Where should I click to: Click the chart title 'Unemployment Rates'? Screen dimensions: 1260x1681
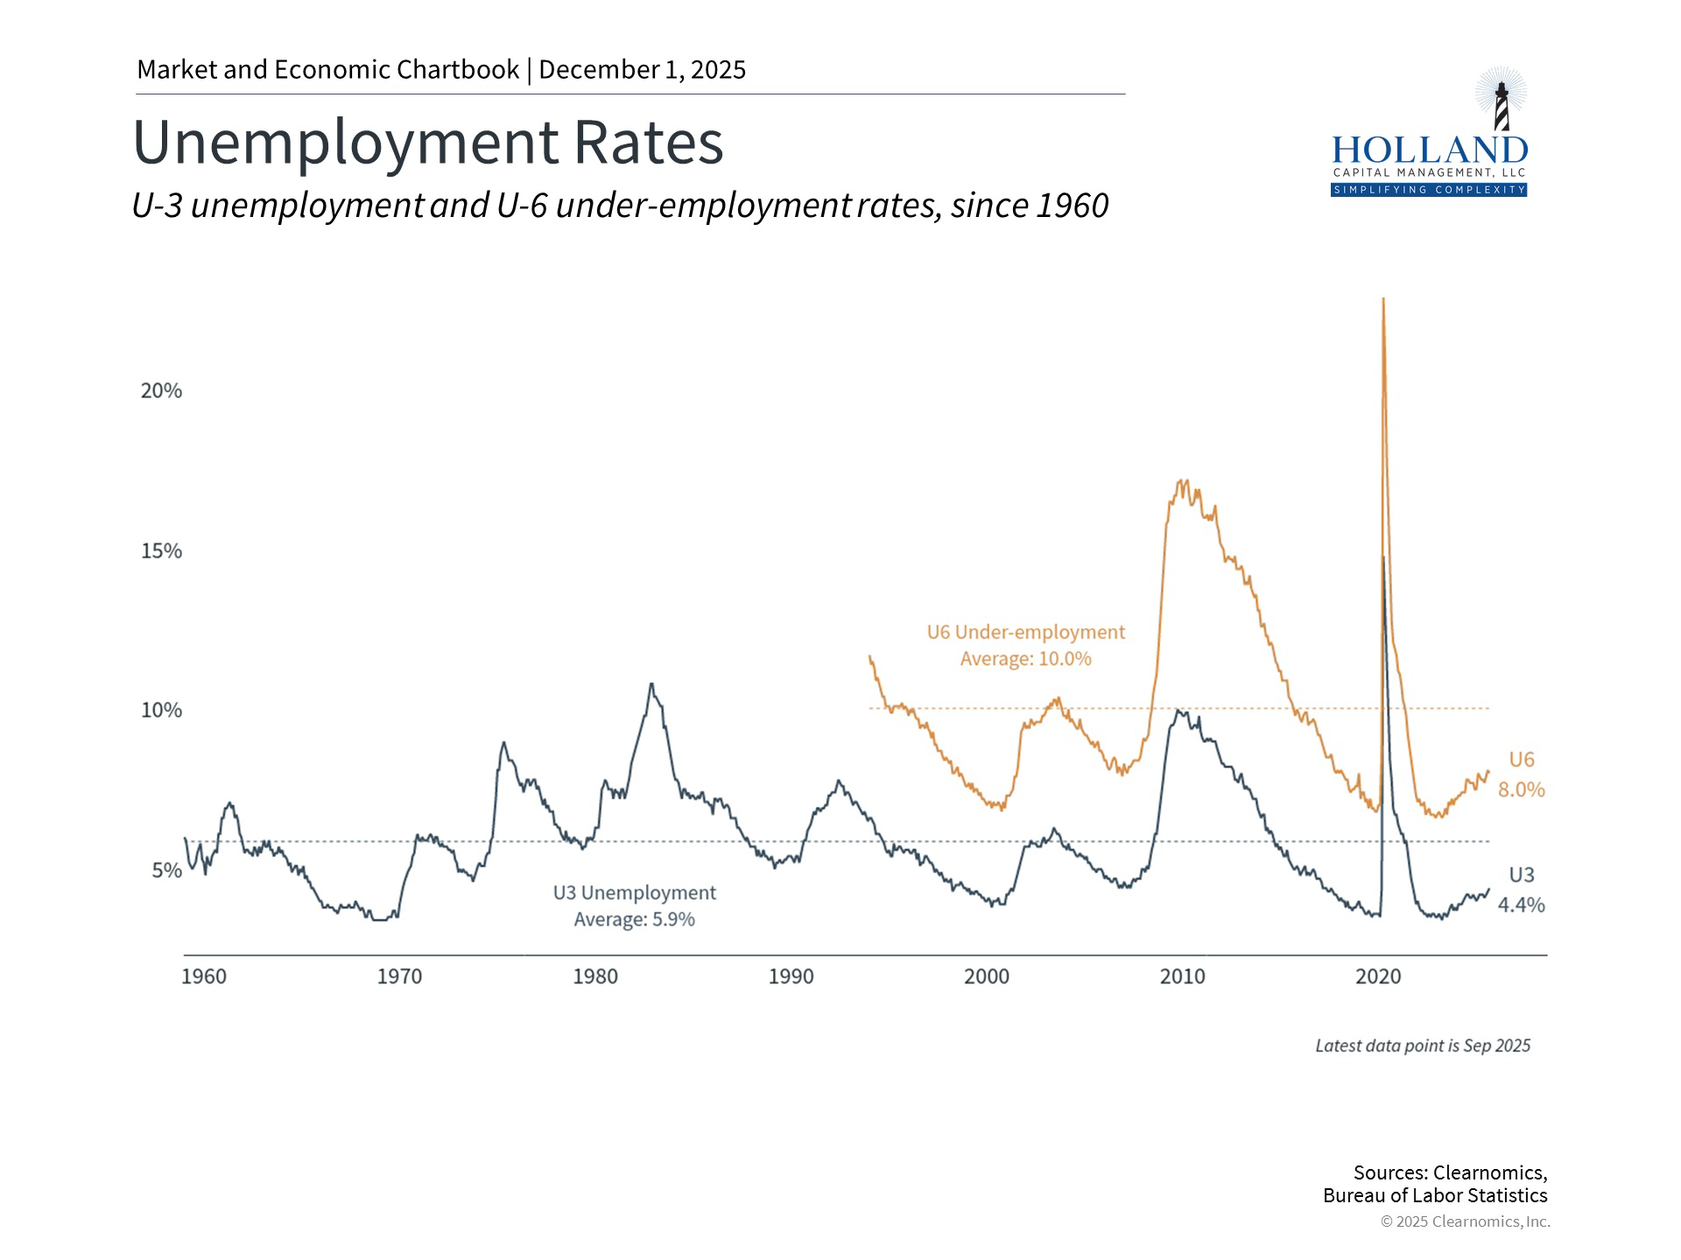427,143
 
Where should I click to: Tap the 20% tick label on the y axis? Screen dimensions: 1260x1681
161,391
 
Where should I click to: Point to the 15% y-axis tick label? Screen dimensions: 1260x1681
161,551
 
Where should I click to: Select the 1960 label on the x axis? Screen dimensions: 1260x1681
203,976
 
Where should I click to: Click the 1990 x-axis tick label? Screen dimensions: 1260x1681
791,976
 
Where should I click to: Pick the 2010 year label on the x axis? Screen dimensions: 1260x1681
1182,976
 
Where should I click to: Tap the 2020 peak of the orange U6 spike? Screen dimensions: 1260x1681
1383,301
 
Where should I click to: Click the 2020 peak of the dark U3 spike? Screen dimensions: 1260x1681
1383,557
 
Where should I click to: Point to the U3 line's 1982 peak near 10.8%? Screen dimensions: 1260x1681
651,684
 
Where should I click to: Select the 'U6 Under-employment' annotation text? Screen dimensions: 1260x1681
1025,632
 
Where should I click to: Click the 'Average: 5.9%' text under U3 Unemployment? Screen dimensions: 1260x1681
634,920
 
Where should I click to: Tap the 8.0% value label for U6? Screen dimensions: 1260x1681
1521,790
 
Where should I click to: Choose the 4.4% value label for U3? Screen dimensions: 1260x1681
1521,906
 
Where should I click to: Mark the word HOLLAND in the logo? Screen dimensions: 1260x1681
1429,150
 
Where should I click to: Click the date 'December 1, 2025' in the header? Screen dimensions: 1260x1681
642,70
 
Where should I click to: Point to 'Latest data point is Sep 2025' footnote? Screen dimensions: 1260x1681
1423,1046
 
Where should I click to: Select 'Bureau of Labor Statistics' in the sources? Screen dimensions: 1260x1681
1435,1196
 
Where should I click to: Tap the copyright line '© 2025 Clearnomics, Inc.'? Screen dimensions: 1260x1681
1465,1221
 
